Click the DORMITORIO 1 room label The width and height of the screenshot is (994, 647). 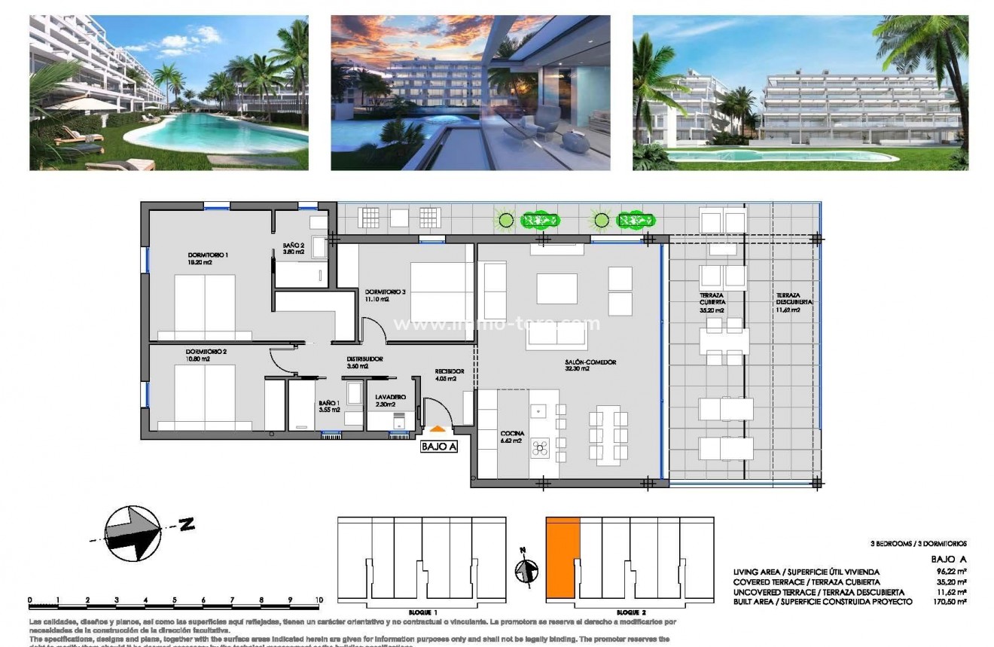coord(208,255)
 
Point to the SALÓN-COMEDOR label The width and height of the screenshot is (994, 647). coord(590,362)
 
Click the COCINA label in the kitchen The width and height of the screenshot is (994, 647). coord(512,434)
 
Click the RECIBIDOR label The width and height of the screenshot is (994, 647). coord(449,372)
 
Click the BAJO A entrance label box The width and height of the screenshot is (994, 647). coord(438,446)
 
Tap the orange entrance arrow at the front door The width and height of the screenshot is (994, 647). coord(438,429)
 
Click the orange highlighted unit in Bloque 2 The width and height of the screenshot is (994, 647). coord(563,557)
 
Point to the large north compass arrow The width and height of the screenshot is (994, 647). coord(133,533)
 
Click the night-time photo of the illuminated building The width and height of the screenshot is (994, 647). coord(470,92)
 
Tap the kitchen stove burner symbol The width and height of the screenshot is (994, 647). coord(540,448)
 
